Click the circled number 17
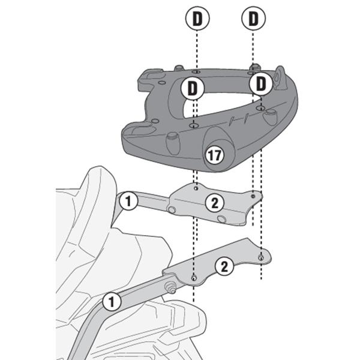[x=214, y=155]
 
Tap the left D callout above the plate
[x=196, y=19]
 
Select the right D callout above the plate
[x=253, y=19]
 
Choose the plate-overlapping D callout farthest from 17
[x=262, y=84]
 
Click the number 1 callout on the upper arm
[x=128, y=200]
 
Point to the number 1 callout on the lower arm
[x=110, y=301]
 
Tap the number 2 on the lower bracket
[x=223, y=266]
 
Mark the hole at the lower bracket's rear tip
[x=261, y=257]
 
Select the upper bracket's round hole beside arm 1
[x=172, y=210]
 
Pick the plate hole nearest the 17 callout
[x=194, y=125]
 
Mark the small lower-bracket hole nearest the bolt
[x=193, y=277]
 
